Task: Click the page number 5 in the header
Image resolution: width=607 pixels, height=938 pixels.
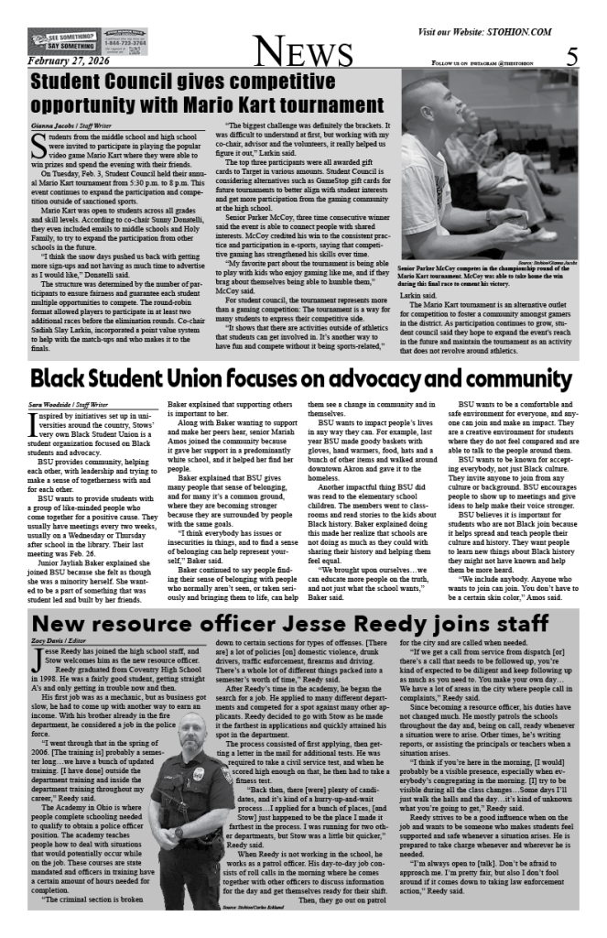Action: point(571,56)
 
